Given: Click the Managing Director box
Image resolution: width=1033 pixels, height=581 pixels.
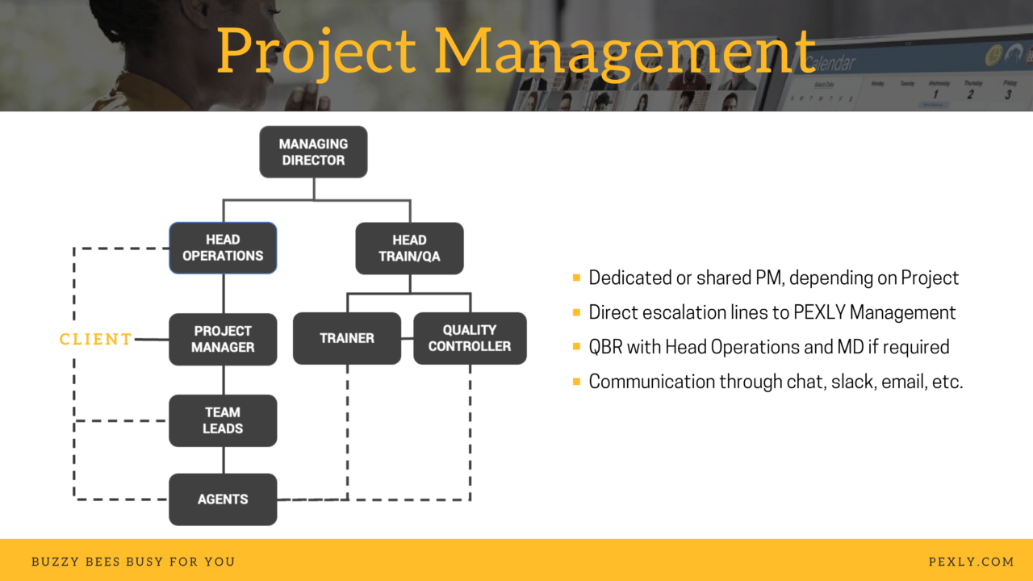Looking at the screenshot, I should [x=313, y=152].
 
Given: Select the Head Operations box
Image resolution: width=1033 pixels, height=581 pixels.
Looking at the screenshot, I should [x=223, y=248].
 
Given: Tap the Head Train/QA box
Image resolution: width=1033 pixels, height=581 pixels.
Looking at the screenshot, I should [x=409, y=248].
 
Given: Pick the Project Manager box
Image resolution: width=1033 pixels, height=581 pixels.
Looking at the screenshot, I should [x=223, y=339].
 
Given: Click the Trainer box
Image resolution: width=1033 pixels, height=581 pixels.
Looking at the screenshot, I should [x=346, y=338].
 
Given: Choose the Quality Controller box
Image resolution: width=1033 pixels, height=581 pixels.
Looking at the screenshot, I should [x=470, y=338].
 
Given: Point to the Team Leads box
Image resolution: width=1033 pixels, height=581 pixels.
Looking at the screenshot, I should [x=223, y=420].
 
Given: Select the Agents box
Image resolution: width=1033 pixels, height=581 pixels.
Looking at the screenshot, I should [x=223, y=499].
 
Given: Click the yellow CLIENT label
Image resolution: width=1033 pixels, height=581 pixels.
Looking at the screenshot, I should [x=95, y=340].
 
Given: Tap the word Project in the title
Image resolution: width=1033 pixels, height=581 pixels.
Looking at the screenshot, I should [x=316, y=52].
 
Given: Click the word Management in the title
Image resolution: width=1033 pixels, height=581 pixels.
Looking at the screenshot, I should [x=625, y=52].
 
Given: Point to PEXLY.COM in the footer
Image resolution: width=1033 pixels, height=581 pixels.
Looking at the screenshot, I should [x=971, y=562].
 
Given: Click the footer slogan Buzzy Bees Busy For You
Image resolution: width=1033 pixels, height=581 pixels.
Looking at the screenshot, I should [x=133, y=562].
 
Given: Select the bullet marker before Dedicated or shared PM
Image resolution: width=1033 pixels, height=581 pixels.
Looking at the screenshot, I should [x=576, y=278].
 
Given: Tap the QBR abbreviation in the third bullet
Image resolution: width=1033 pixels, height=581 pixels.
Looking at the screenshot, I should [x=606, y=347].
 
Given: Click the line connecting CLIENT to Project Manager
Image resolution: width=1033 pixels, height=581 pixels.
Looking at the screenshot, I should [x=152, y=340].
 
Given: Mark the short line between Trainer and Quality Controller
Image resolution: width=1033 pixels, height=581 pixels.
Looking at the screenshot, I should [x=407, y=339].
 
